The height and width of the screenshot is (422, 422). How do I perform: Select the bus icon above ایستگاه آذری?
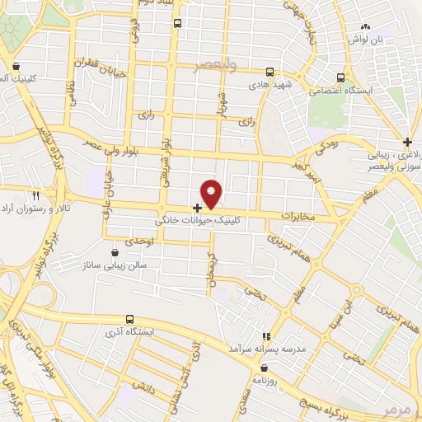[x=129, y=319]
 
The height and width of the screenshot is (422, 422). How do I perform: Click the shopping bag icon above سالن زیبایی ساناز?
[x=115, y=253]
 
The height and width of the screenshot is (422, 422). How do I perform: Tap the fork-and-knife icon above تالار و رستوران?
[x=35, y=195]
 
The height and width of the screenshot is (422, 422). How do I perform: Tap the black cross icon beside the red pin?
[x=197, y=208]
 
